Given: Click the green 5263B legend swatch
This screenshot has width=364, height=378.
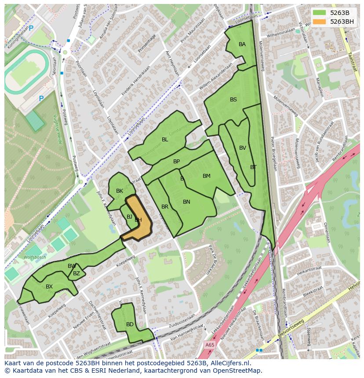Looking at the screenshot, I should tap(320, 13).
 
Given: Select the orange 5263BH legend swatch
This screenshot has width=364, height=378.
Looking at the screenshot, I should tap(320, 22).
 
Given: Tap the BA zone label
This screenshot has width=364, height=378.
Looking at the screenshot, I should tap(242, 44).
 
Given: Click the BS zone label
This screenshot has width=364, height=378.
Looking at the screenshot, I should tap(233, 100).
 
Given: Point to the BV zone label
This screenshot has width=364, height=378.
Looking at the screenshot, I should tap(243, 148).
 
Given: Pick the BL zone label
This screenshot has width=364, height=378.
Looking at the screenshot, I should tap(165, 140).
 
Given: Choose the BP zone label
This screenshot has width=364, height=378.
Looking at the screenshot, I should tap(176, 162).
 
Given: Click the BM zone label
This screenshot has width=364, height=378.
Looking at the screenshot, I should tap(207, 176).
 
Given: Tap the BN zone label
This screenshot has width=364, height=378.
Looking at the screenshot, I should tap(186, 202).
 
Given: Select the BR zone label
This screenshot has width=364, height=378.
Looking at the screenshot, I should tap(165, 207).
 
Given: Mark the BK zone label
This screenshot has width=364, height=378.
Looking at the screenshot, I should tap(120, 191).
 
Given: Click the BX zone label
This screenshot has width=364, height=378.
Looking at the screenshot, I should tap(49, 287).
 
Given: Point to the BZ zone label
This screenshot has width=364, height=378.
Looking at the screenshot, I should tap(76, 274).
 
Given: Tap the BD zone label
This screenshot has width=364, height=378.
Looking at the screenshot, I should tap(130, 324).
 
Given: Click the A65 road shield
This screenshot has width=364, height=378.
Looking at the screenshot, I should tap(210, 346).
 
